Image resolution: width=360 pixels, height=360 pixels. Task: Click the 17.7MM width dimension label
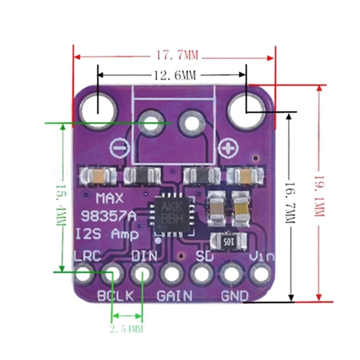pos(177,56)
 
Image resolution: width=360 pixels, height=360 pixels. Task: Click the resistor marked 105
pos(229,241)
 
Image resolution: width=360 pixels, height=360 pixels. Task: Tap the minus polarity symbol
pos(118,148)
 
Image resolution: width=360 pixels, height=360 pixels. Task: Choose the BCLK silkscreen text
pos(116,296)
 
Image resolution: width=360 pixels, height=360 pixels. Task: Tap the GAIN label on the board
pos(175,296)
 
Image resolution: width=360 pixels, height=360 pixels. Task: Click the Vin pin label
pos(262,257)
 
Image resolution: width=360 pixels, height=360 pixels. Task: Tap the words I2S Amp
pos(107,235)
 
